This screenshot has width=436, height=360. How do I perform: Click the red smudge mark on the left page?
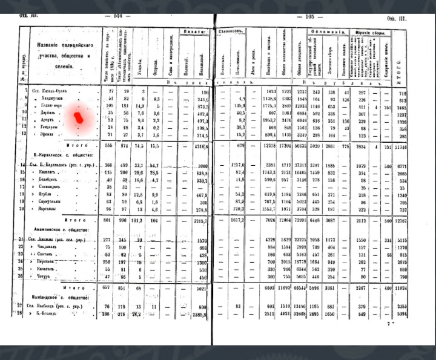[x=79, y=117]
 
